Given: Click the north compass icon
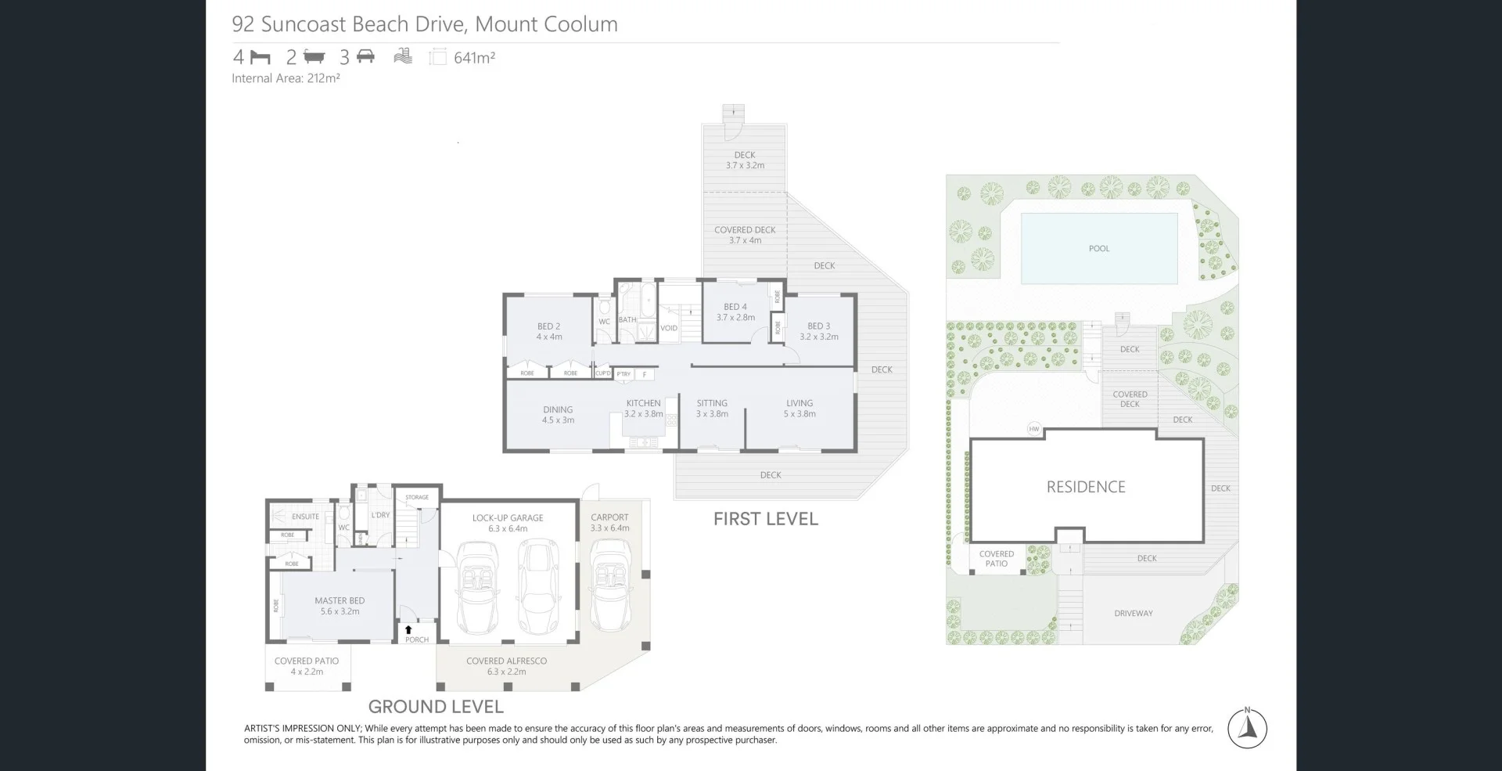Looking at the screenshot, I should (1247, 729).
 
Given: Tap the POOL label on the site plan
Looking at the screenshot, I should (1099, 248).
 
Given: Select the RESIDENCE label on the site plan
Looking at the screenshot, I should (1086, 487).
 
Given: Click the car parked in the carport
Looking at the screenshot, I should (610, 587).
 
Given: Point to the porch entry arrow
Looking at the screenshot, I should (408, 629).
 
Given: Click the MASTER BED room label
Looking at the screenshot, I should (340, 606).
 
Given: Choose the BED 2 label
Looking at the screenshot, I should (548, 331).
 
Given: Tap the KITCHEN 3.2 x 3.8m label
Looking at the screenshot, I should (643, 409).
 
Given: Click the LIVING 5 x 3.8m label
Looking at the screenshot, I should (800, 409).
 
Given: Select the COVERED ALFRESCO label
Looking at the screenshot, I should (506, 665).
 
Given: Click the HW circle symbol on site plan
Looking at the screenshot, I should (1034, 429).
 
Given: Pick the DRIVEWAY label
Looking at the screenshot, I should (1134, 614).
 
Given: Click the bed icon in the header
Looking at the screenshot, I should (261, 57).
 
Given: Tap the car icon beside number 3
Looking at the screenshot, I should (365, 56).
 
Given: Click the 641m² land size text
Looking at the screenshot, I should (474, 57).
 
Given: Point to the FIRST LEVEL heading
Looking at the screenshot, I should (765, 519).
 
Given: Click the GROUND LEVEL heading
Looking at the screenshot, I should (436, 707).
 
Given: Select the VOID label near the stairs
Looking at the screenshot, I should (669, 328).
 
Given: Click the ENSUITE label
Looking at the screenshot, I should (305, 517).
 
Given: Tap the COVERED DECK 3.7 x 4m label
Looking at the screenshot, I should (745, 235).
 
